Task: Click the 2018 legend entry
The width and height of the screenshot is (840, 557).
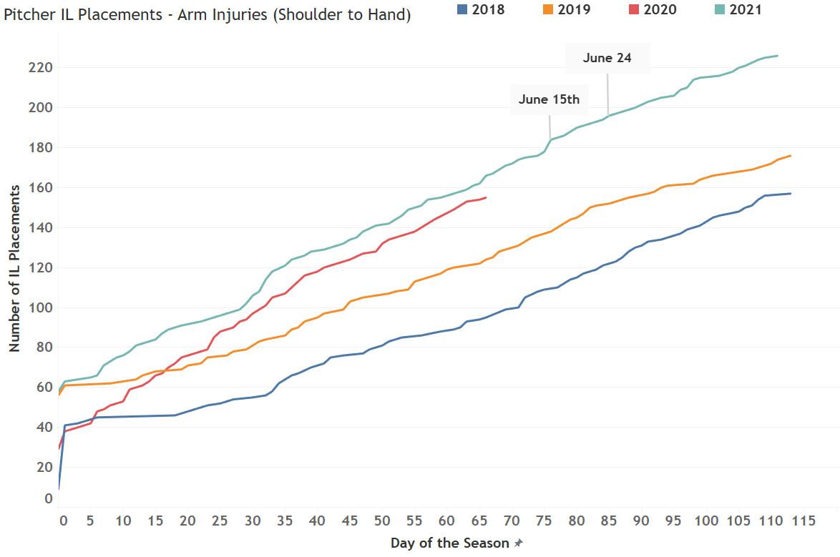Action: coord(481,9)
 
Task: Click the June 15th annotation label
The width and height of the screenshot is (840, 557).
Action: coord(549,99)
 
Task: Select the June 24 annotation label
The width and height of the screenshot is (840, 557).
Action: coord(607,58)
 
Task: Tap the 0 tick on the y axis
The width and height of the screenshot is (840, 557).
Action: coord(48,498)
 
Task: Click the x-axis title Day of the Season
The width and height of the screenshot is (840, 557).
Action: coord(450,543)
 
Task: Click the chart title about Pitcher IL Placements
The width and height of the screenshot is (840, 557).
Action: coord(207,15)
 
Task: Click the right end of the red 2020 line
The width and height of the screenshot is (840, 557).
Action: coord(486,197)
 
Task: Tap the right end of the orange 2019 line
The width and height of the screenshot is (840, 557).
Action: coord(790,156)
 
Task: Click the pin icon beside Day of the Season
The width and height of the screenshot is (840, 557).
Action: coord(519,543)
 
